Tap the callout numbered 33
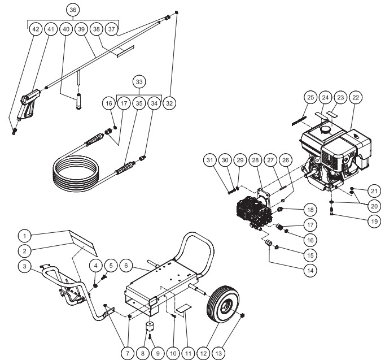tap(138, 81)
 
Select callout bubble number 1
tap(24, 234)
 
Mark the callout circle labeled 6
tap(127, 264)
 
